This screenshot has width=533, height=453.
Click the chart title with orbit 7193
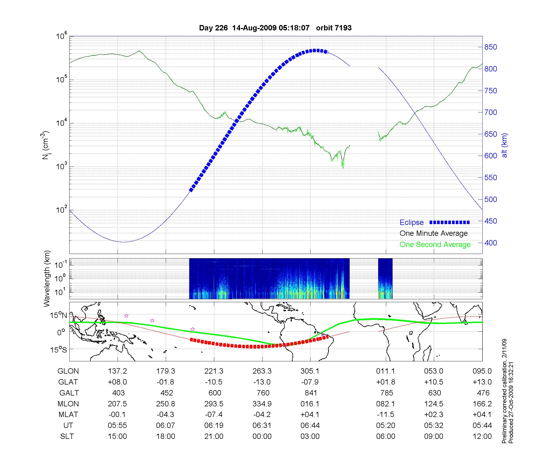pos(275,28)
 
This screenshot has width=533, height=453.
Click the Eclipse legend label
pos(411,223)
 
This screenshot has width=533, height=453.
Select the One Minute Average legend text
pos(434,233)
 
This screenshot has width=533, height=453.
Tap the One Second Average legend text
pos(435,245)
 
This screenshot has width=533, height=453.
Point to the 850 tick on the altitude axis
pos(491,47)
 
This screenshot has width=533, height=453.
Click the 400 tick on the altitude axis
pos(491,243)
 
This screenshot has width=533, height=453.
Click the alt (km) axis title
pos(504,145)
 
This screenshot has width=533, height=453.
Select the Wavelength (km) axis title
pos(47,278)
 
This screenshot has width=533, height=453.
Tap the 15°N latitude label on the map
pos(59,316)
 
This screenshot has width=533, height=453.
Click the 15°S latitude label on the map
pos(59,349)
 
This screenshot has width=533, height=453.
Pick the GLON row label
pos(68,371)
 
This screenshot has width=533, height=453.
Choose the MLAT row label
pos(68,415)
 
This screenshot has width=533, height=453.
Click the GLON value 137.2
pos(117,371)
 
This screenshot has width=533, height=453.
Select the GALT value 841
pos(311,393)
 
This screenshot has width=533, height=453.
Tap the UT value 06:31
pos(262,426)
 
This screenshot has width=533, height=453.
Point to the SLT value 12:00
pos(482,436)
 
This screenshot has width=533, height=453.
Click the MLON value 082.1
pos(385,404)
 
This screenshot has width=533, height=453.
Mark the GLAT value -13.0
pos(262,382)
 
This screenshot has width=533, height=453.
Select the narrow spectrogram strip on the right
pos(385,278)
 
